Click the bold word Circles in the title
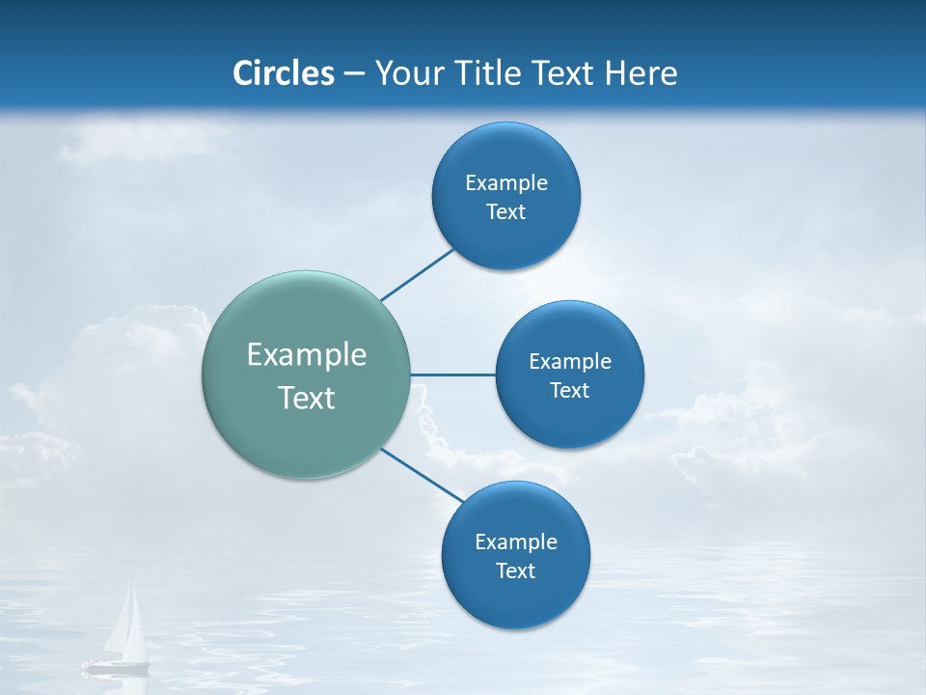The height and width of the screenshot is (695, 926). coord(284,73)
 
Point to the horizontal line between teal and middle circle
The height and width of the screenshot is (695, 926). coord(453,375)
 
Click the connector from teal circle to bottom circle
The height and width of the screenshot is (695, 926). coord(422,475)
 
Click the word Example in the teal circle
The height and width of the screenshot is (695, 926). coord(307,355)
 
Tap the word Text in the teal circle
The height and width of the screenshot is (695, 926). coord(307,398)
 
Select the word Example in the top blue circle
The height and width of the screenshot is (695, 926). coord(506,183)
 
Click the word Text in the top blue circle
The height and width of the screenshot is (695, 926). coord(506,212)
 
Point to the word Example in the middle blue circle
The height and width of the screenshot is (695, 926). coord(570,362)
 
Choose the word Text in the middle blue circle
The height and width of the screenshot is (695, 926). coord(570,391)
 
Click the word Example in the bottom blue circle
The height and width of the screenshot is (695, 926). coord(516,542)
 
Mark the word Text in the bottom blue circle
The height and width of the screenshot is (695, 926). coord(516,571)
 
